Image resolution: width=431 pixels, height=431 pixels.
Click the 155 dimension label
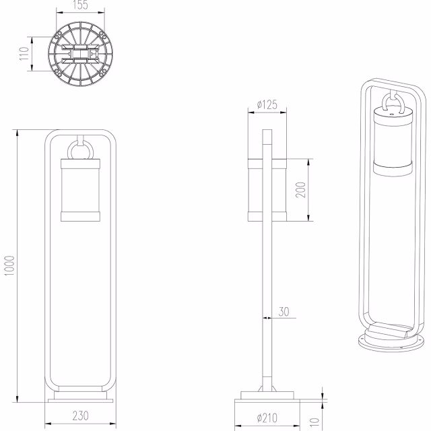point(81,6)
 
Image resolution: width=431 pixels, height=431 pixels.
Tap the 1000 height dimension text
point(9,265)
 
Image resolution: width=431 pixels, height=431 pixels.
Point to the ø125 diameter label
point(267,106)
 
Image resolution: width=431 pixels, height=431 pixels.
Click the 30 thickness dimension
point(284,311)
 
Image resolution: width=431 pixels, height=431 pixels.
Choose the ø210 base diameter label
point(267,418)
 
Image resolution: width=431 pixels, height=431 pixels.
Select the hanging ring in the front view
point(81,150)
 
